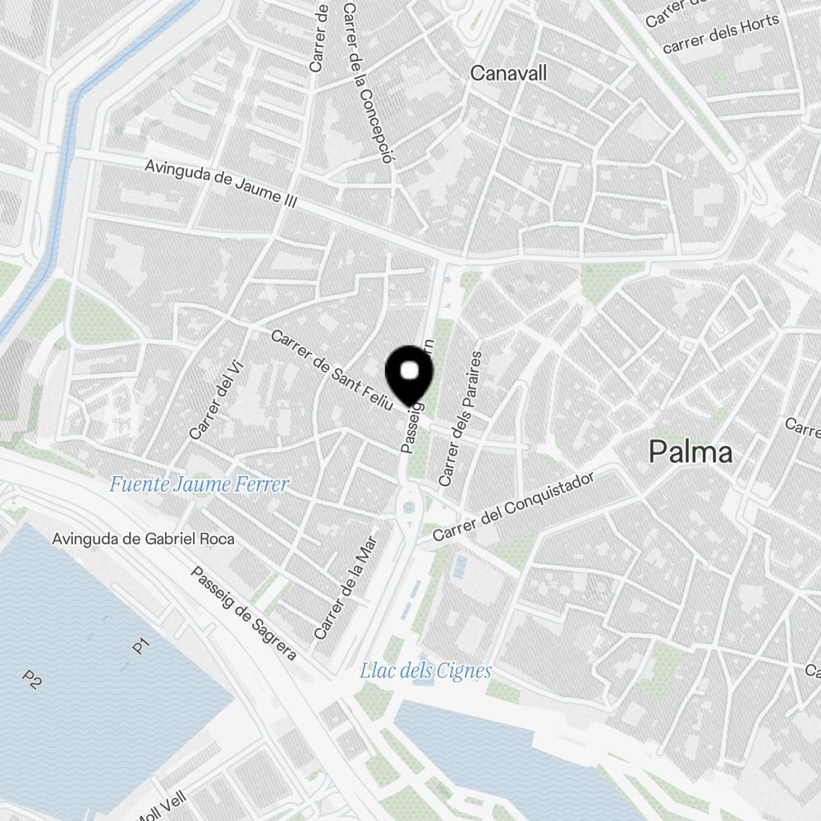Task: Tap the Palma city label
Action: coord(690,452)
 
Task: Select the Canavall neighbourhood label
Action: coord(508,73)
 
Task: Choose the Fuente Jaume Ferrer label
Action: coord(199,484)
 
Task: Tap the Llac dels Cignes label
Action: coord(425,671)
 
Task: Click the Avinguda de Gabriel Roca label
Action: coord(143,539)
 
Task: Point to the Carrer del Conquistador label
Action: coord(513,507)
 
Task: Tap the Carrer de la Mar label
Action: coord(346,586)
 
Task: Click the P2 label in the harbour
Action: coord(32,679)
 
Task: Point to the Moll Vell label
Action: coord(162,807)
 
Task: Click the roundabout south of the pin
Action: coord(408,507)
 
